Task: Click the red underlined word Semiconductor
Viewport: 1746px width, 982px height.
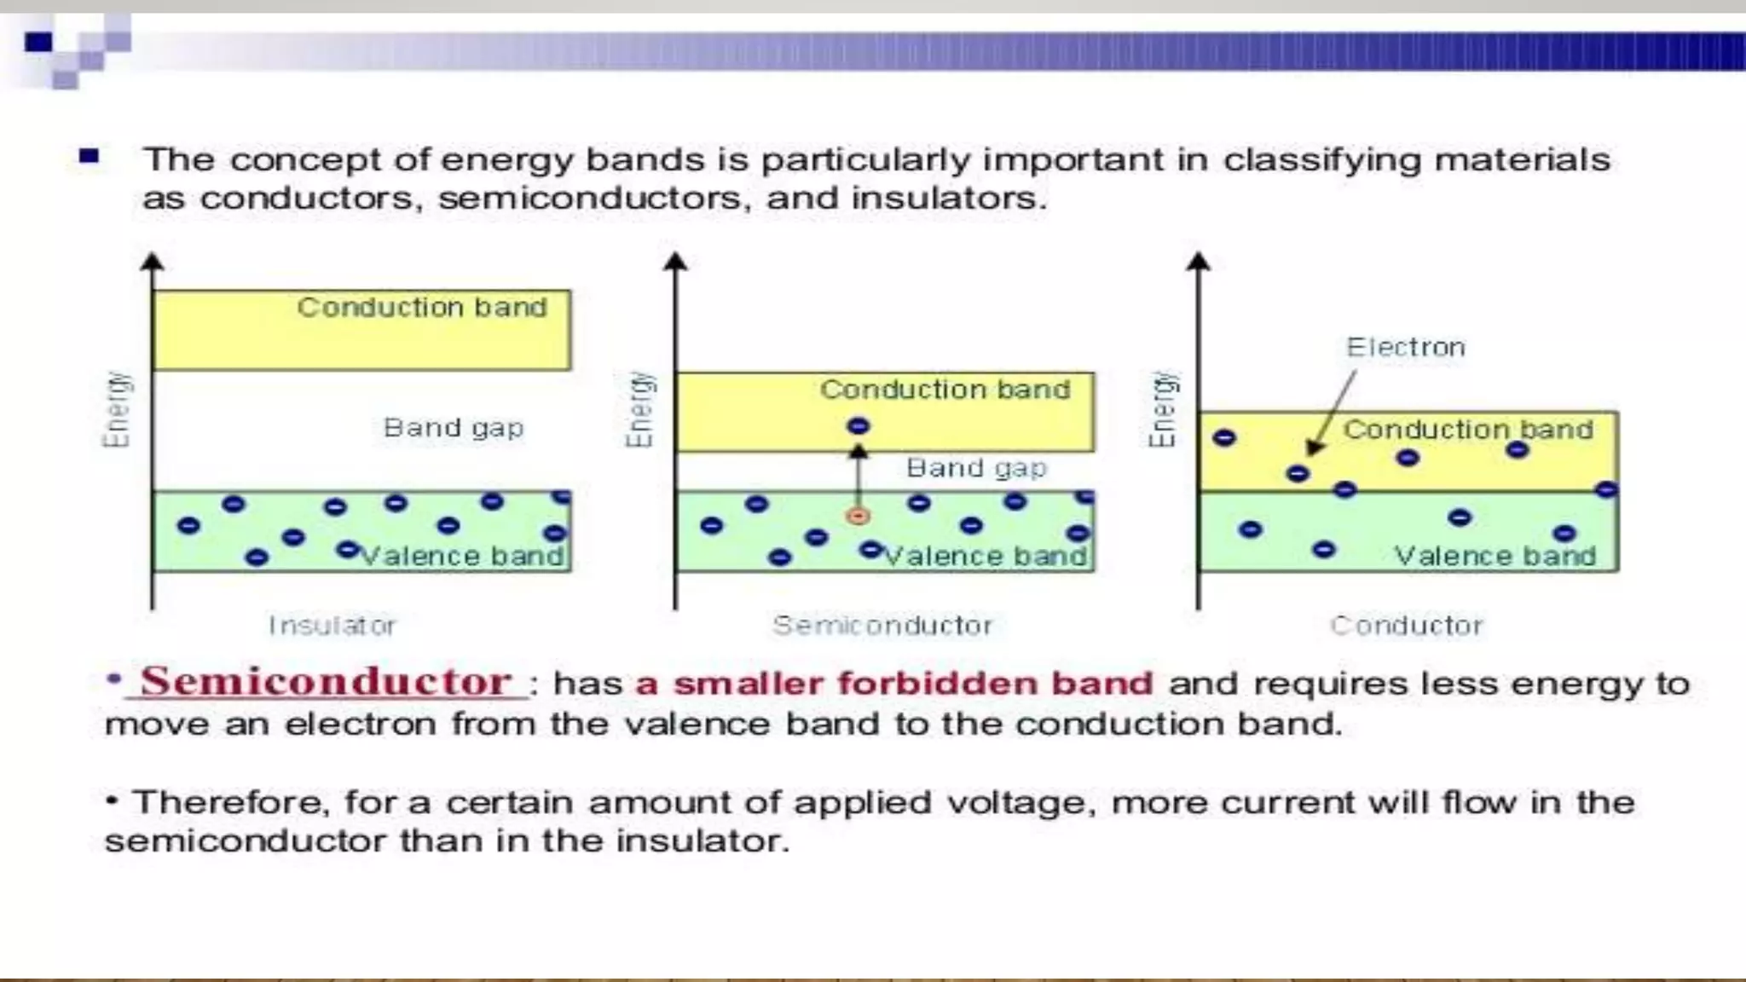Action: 326,682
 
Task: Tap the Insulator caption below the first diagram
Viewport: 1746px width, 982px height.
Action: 332,626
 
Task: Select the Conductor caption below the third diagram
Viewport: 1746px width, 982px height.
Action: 1407,626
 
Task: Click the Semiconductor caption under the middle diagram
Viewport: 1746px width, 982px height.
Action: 882,626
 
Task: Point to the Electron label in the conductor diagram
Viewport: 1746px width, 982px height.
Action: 1406,348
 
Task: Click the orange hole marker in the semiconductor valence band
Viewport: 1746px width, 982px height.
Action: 859,517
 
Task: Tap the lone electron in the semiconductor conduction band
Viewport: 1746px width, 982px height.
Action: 859,426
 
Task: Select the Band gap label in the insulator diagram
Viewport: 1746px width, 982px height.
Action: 453,428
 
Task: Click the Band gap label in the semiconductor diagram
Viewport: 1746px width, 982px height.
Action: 976,468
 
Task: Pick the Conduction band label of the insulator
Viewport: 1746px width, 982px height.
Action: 422,308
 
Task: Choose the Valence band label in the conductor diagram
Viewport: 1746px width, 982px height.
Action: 1495,557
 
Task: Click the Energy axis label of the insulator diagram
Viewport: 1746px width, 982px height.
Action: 117,409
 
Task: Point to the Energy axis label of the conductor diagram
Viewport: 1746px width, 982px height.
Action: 1163,409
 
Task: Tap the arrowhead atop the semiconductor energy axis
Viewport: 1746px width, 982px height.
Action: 675,261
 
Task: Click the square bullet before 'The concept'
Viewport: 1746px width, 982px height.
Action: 89,157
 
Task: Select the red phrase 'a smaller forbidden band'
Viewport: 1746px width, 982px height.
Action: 894,684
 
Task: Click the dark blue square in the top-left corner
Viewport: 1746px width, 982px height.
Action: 38,42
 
